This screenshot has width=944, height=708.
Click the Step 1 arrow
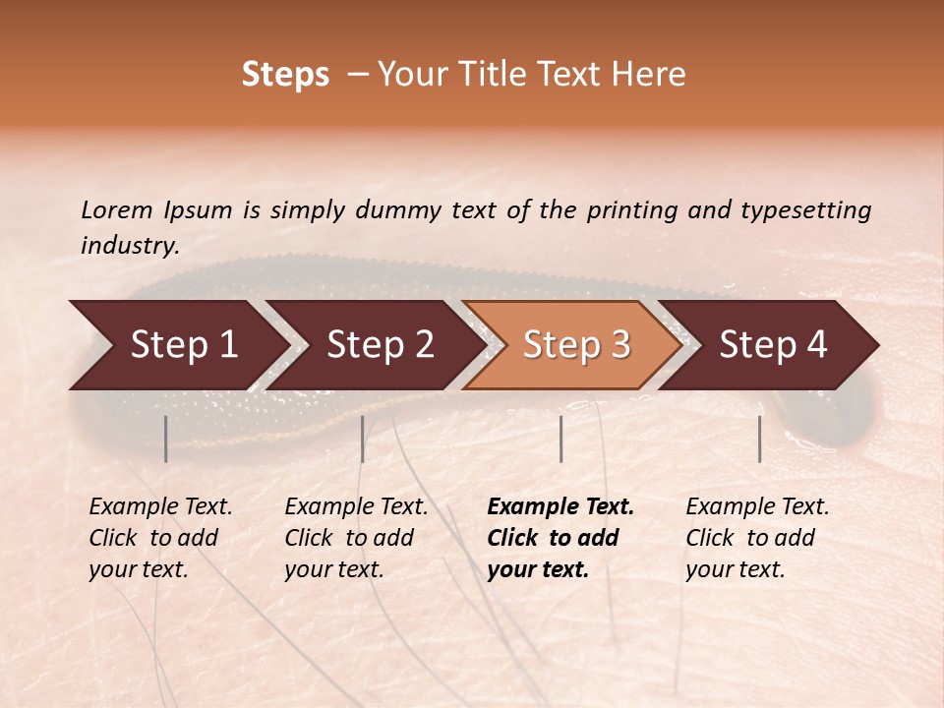pos(182,344)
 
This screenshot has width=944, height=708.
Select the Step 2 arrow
pos(379,344)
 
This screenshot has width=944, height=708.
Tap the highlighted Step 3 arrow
pos(575,344)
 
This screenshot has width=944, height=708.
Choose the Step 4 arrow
pos(772,344)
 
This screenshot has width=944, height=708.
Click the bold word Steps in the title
pos(285,75)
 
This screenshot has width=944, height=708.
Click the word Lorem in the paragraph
pos(117,210)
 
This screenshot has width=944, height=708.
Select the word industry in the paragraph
pos(129,246)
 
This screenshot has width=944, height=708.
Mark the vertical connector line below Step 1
pos(166,439)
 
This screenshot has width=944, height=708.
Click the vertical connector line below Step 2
pos(363,439)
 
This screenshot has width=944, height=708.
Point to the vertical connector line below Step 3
pos(560,439)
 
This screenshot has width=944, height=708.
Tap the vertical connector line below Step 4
pos(760,439)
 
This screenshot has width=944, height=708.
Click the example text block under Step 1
pos(160,538)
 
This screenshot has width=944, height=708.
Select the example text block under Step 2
pos(356,538)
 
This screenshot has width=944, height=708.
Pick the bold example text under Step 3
pos(560,538)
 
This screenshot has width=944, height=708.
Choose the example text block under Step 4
pos(757,538)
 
